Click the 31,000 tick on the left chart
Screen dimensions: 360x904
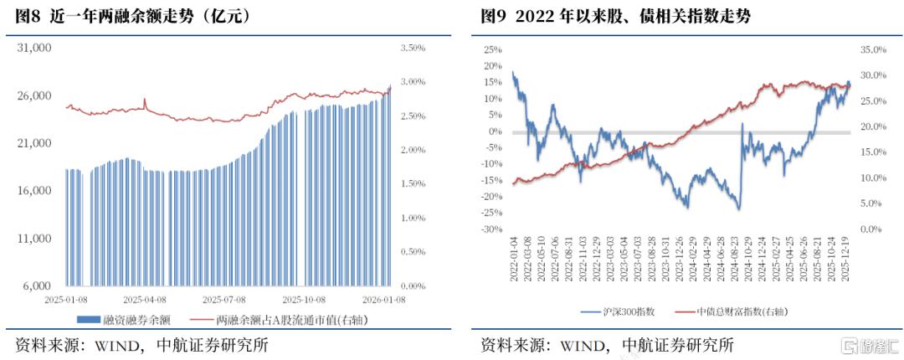pos(36,49)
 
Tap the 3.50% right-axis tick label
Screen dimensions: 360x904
pos(413,49)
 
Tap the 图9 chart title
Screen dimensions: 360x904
pos(615,16)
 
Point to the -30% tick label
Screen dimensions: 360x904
pos(491,229)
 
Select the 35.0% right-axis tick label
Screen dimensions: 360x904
pos(873,49)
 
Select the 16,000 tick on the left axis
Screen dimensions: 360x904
pos(36,191)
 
